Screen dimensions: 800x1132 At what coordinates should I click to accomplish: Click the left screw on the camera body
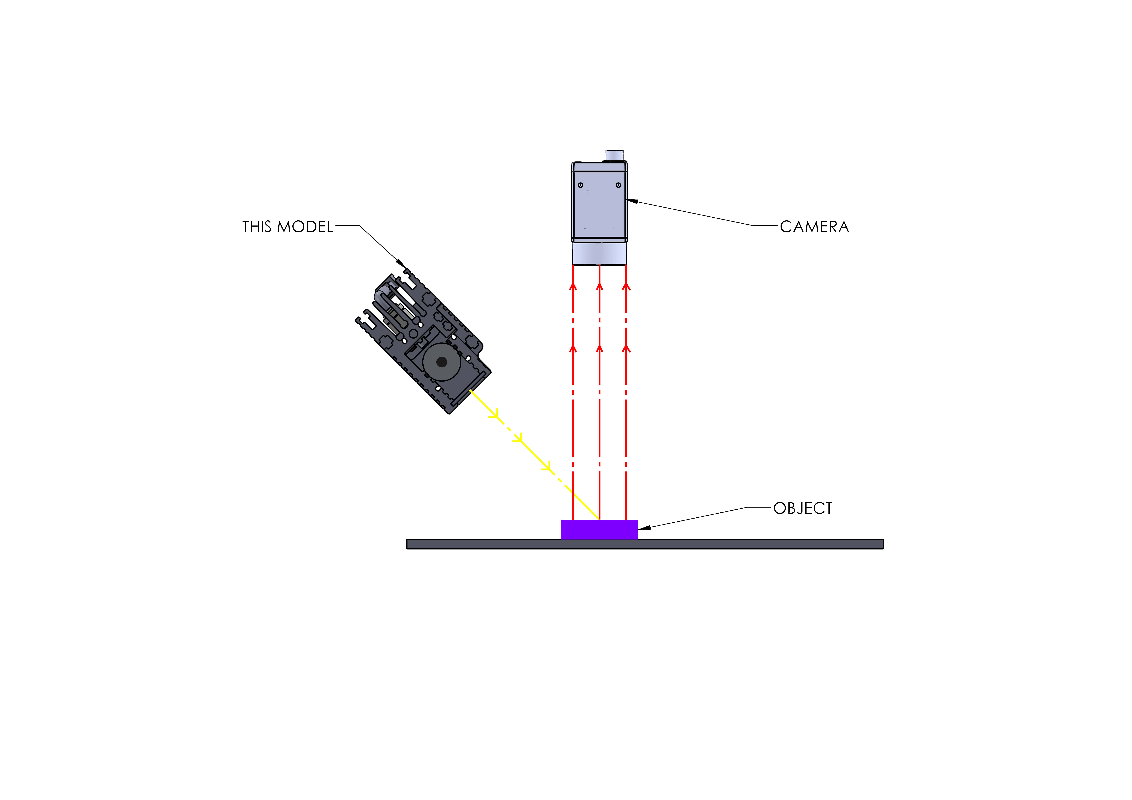[581, 185]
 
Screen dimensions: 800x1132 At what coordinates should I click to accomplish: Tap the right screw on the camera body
[618, 185]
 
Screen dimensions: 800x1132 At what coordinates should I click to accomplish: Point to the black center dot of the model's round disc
[442, 362]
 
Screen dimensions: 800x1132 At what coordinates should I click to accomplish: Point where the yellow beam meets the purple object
[599, 520]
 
